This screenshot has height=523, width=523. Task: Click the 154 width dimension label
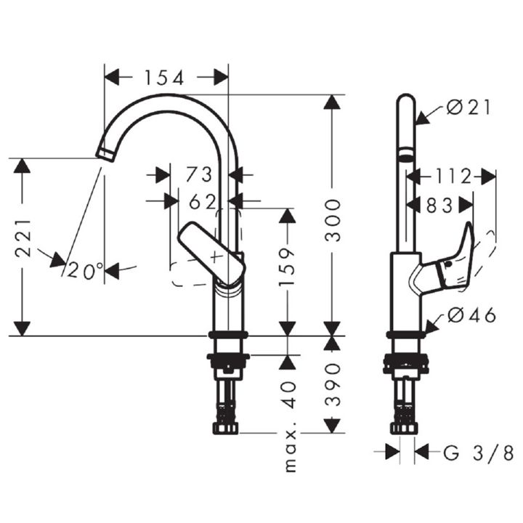coord(163,78)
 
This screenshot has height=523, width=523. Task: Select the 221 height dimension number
coord(23,238)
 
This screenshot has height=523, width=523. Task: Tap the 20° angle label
coord(86,270)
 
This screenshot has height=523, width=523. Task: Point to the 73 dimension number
coord(199,174)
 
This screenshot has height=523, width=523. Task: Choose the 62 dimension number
coord(203,201)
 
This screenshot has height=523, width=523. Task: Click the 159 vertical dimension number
coord(287,267)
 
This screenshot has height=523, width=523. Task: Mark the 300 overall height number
coord(333,220)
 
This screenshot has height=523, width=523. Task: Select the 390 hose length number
coord(333,384)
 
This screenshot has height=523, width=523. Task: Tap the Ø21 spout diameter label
coord(469,108)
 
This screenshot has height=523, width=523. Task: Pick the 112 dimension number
coord(453,177)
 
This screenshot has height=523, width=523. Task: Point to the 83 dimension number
coord(439,206)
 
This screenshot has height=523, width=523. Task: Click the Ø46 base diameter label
coord(471,315)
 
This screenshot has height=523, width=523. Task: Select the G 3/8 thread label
coord(478,453)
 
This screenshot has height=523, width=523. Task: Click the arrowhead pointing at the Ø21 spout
coord(422,118)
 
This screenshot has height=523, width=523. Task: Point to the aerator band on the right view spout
coord(406,155)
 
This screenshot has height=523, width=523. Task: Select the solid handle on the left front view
coord(211,254)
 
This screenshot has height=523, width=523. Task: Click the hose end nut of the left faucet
coord(226,429)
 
